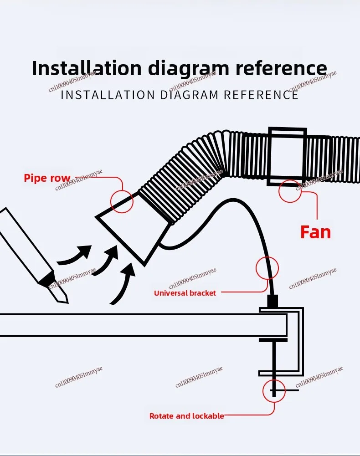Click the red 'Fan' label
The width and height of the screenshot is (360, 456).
pyautogui.click(x=315, y=232)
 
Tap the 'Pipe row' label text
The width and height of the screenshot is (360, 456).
pyautogui.click(x=47, y=178)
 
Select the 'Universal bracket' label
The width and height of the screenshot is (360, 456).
pyautogui.click(x=185, y=293)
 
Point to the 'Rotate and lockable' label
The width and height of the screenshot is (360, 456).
pyautogui.click(x=187, y=416)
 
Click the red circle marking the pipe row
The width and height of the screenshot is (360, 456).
pyautogui.click(x=122, y=201)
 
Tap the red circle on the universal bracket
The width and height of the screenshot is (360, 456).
pyautogui.click(x=267, y=267)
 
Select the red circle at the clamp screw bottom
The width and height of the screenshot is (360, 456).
pyautogui.click(x=274, y=391)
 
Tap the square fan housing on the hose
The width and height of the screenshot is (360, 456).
pyautogui.click(x=287, y=156)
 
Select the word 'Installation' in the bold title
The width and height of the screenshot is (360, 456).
pyautogui.click(x=87, y=68)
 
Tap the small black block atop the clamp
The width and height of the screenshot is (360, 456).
pyautogui.click(x=273, y=301)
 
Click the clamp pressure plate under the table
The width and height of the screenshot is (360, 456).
pyautogui.click(x=273, y=340)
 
